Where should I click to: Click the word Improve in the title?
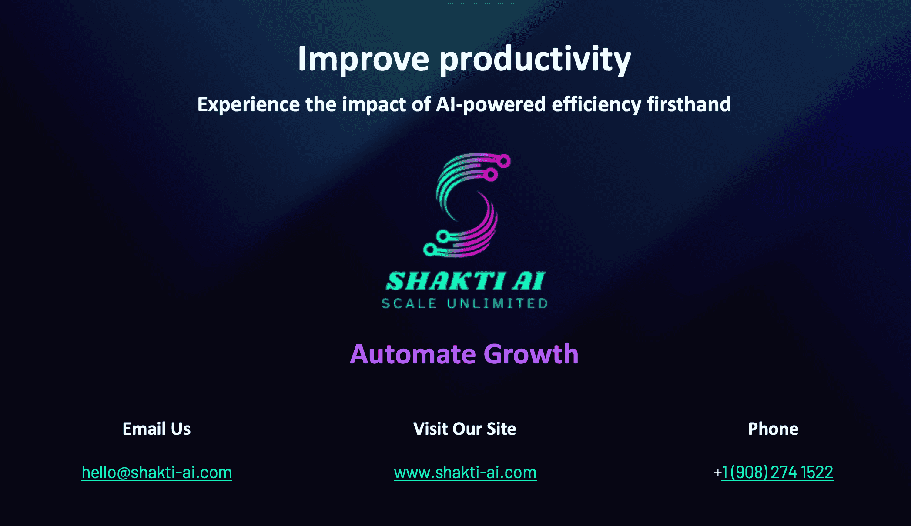363,59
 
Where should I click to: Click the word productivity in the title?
535,59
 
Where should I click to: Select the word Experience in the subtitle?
248,105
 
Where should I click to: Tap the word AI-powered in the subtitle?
491,105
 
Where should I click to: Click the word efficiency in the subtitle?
596,105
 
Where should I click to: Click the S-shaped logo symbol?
467,205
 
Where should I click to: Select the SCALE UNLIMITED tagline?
465,303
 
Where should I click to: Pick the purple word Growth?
531,354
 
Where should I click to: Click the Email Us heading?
157,429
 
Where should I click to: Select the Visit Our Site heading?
465,429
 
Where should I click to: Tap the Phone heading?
773,429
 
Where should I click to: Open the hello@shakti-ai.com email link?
157,473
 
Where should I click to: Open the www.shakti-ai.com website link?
465,473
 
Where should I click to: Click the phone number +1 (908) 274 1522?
774,472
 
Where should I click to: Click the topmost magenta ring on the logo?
504,161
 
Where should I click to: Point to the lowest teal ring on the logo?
430,250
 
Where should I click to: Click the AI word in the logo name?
529,281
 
